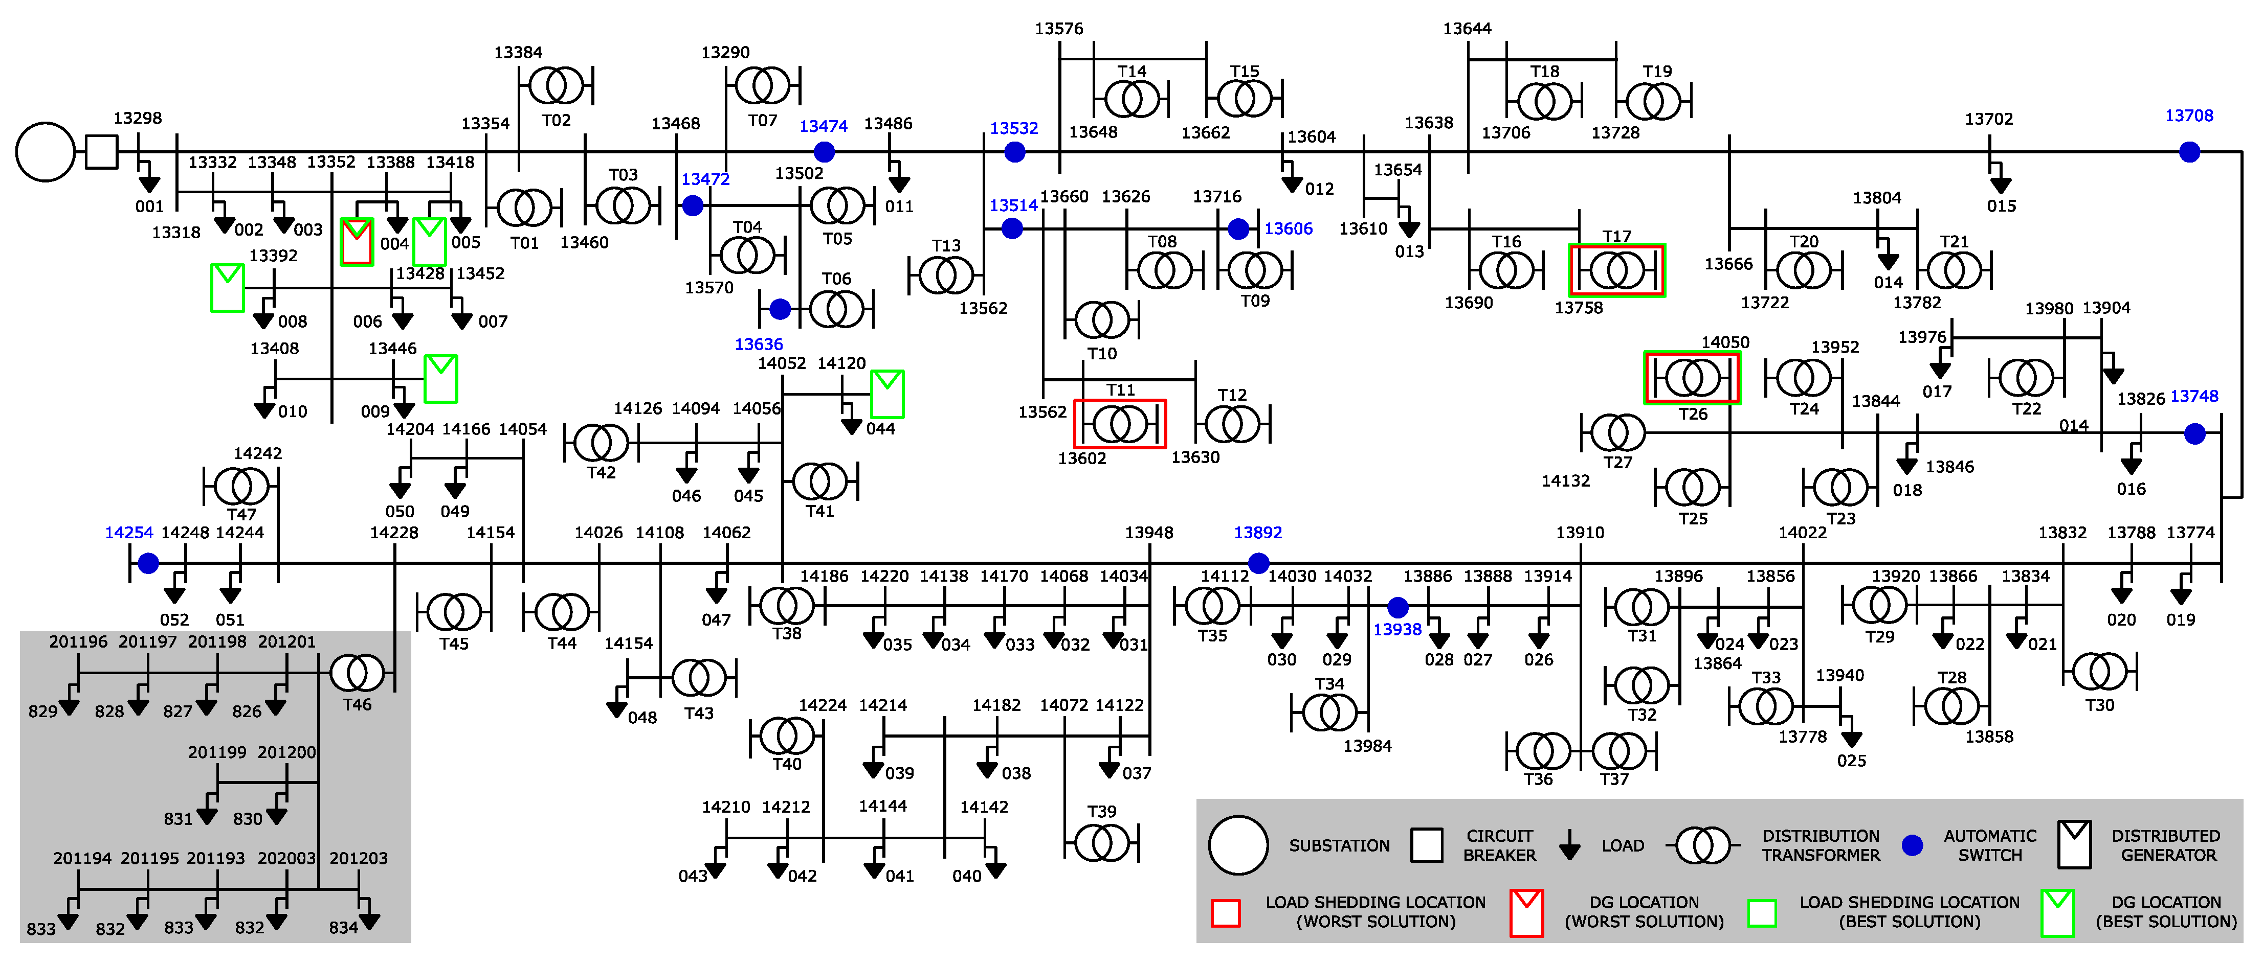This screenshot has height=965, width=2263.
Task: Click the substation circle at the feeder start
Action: pyautogui.click(x=46, y=152)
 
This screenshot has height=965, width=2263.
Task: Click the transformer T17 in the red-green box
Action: pyautogui.click(x=1616, y=270)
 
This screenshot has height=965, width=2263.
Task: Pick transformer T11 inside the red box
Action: pyautogui.click(x=1120, y=425)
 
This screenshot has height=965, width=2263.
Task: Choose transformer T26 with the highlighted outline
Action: pyautogui.click(x=1692, y=378)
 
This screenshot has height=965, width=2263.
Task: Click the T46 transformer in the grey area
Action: pyautogui.click(x=357, y=674)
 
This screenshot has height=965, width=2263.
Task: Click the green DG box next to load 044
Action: pyautogui.click(x=888, y=394)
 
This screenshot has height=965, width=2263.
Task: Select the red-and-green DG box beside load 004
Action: pyautogui.click(x=357, y=241)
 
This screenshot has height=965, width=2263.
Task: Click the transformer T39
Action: pyautogui.click(x=1102, y=844)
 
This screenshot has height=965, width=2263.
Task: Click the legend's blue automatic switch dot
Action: pyautogui.click(x=1913, y=845)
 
